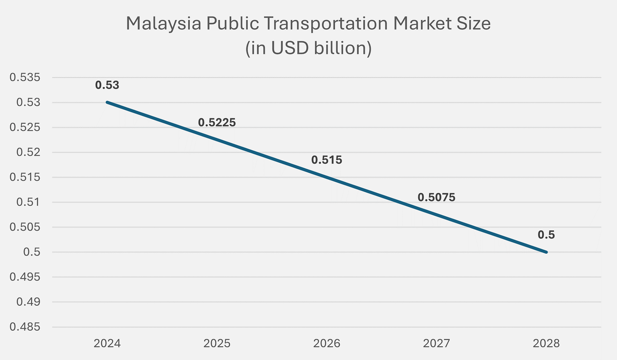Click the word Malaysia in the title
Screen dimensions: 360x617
pyautogui.click(x=163, y=24)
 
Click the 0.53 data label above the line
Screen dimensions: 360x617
pyautogui.click(x=107, y=85)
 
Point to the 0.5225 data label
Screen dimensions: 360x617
pyautogui.click(x=217, y=123)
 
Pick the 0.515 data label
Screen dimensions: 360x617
pyautogui.click(x=327, y=160)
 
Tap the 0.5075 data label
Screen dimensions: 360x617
pyautogui.click(x=436, y=198)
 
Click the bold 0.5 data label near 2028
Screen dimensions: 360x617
pyautogui.click(x=546, y=235)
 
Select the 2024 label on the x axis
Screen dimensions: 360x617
pyautogui.click(x=107, y=343)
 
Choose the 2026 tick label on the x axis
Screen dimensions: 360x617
pyautogui.click(x=327, y=343)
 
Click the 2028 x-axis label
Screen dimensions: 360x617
pyautogui.click(x=546, y=343)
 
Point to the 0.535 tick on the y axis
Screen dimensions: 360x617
pyautogui.click(x=25, y=78)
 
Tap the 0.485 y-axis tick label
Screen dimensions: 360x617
pyautogui.click(x=25, y=327)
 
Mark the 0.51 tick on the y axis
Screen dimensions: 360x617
pyautogui.click(x=28, y=202)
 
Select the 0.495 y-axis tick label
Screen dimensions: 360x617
pyautogui.click(x=25, y=277)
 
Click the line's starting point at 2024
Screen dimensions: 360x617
pyautogui.click(x=107, y=102)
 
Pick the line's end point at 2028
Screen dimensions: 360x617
pyautogui.click(x=546, y=252)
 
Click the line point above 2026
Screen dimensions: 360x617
pyautogui.click(x=327, y=177)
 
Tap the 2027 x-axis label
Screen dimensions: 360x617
pyautogui.click(x=436, y=343)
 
